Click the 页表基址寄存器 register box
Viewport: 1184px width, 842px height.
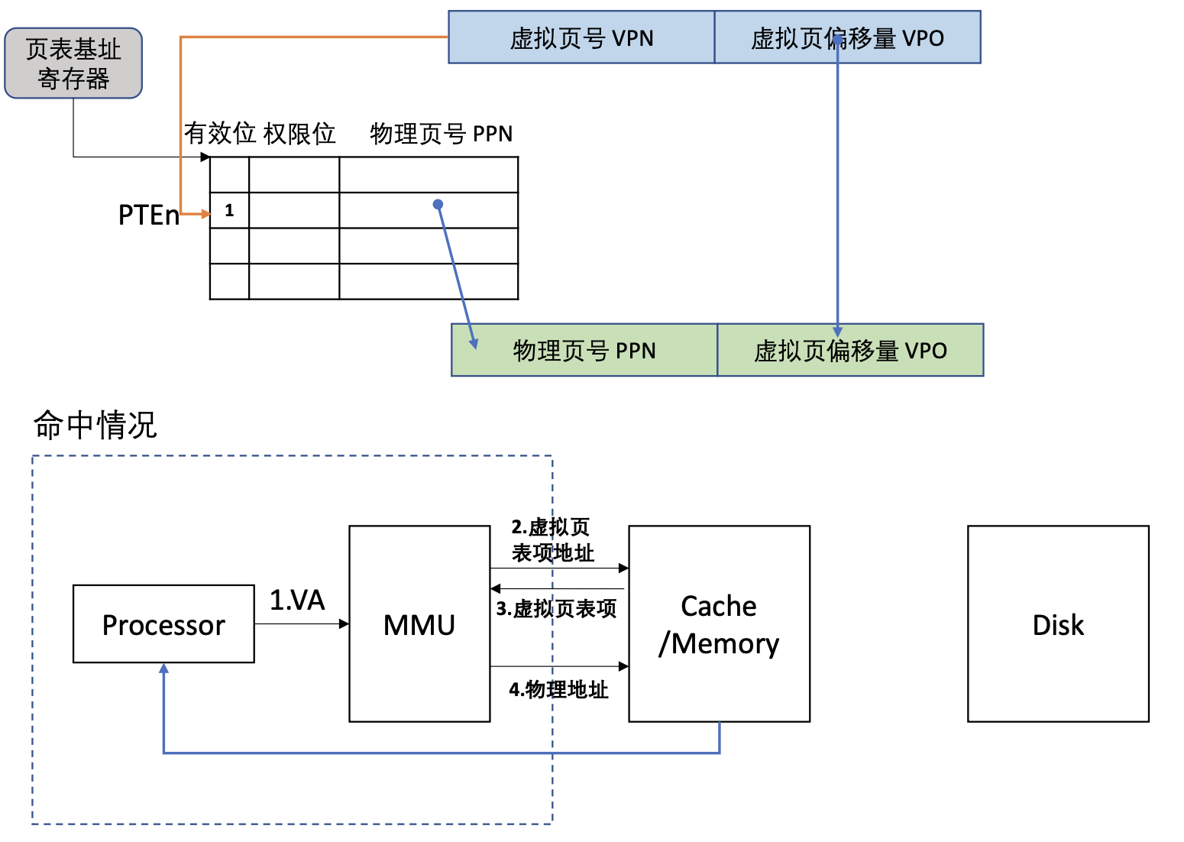(x=73, y=63)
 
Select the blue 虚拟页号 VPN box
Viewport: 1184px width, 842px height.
(x=581, y=37)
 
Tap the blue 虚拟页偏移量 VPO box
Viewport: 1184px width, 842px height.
(x=847, y=37)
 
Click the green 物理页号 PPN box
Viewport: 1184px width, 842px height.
(x=584, y=350)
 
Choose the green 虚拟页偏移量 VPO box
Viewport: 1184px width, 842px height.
(x=850, y=350)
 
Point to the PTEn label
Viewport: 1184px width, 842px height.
(x=148, y=215)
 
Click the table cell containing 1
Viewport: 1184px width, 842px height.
(x=229, y=210)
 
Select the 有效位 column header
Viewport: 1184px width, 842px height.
(x=220, y=133)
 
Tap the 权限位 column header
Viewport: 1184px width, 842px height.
(x=299, y=133)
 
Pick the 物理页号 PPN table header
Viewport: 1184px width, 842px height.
(x=441, y=134)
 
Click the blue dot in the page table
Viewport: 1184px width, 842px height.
(x=438, y=204)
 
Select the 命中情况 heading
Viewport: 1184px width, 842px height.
(x=95, y=425)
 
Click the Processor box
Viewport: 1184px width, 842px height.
(x=163, y=624)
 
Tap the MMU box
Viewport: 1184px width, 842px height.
(x=419, y=624)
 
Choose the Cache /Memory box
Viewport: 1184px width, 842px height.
(x=719, y=624)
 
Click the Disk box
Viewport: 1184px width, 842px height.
(x=1058, y=624)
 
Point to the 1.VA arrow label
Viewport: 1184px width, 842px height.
(x=297, y=600)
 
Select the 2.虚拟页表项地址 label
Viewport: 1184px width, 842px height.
(x=552, y=539)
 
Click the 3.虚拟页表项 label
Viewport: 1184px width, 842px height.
(x=556, y=609)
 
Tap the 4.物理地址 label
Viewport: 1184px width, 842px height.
(x=558, y=690)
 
